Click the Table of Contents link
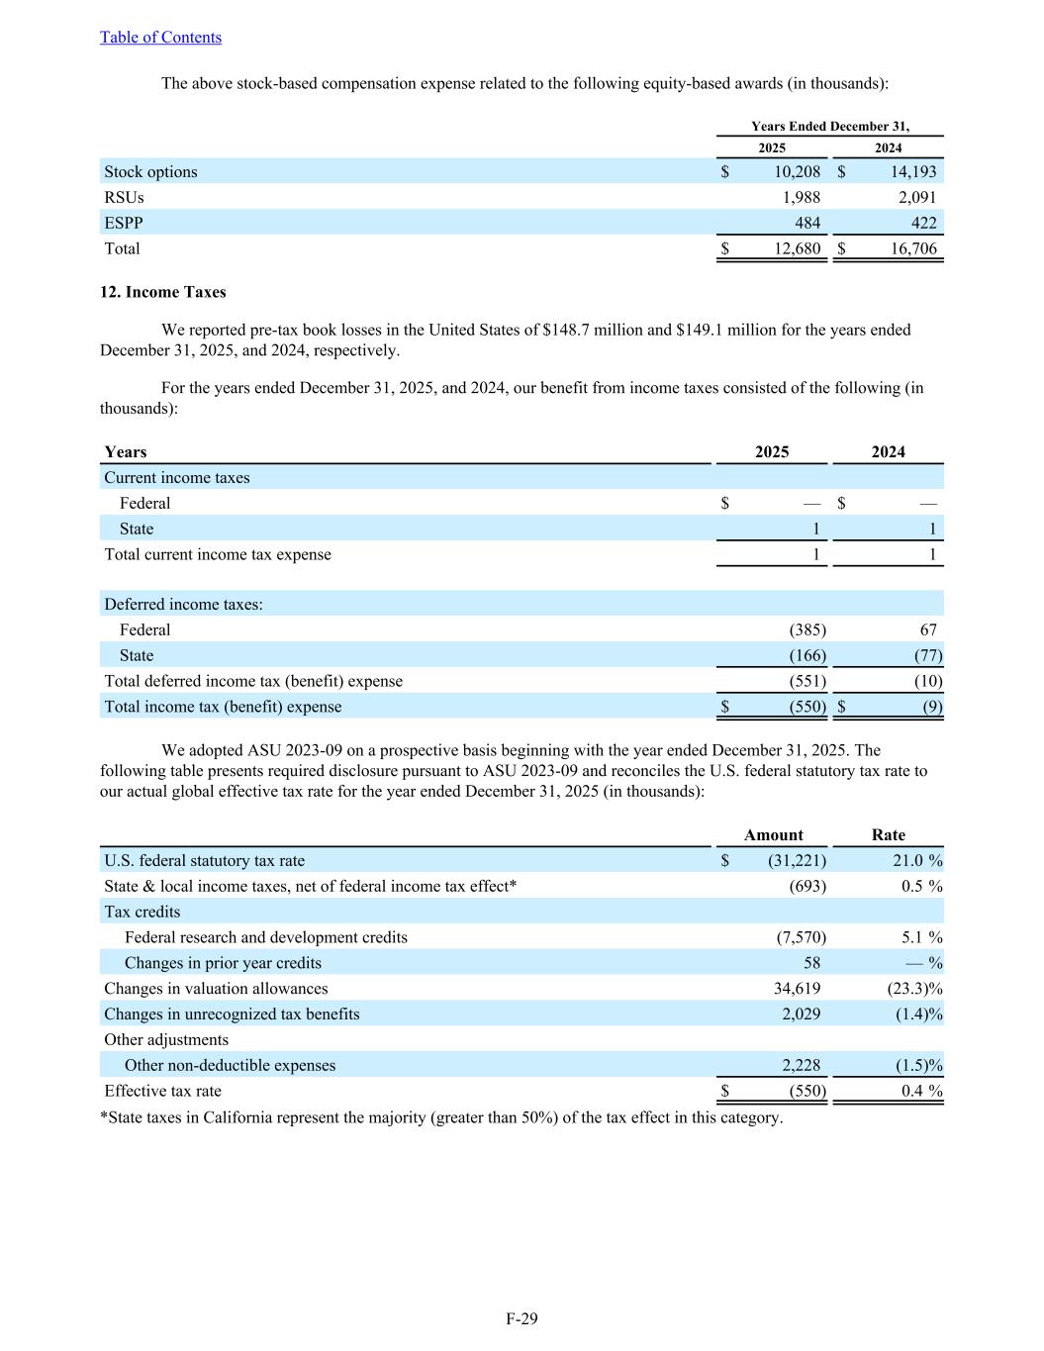click(x=160, y=38)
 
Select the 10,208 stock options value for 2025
click(x=797, y=172)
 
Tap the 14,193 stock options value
click(x=912, y=172)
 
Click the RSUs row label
click(x=124, y=198)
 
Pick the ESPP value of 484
click(x=807, y=224)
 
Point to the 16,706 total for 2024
click(x=912, y=249)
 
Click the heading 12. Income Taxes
click(x=162, y=292)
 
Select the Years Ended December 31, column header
click(x=829, y=127)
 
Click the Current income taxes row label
click(x=177, y=478)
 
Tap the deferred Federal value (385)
click(x=807, y=630)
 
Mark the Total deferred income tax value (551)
click(x=807, y=682)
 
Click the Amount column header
click(x=773, y=835)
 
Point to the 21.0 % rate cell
click(x=916, y=861)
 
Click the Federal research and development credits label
click(x=265, y=937)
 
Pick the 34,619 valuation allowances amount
click(x=797, y=989)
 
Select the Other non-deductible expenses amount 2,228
click(x=801, y=1066)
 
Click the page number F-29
click(x=522, y=1319)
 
